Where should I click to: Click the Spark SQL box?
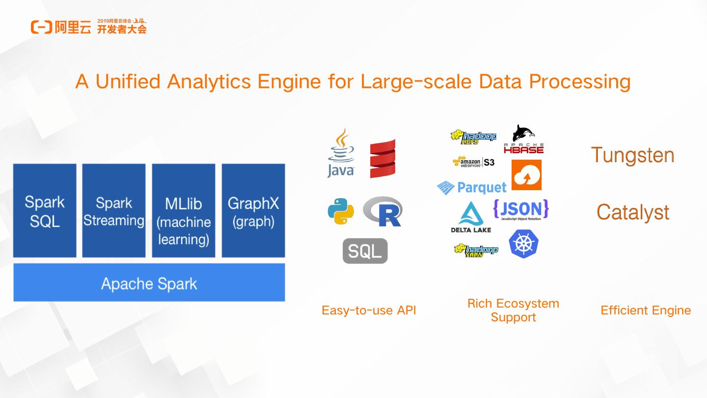pyautogui.click(x=45, y=210)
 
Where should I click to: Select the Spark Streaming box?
pyautogui.click(x=114, y=210)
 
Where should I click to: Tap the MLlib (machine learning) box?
pyautogui.click(x=184, y=210)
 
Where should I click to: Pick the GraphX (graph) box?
pyautogui.click(x=253, y=210)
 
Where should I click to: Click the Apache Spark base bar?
pyautogui.click(x=149, y=283)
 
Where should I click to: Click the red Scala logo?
pyautogui.click(x=382, y=158)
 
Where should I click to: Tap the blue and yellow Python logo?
pyautogui.click(x=341, y=212)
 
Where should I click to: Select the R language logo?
pyautogui.click(x=383, y=212)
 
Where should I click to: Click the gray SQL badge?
pyautogui.click(x=365, y=251)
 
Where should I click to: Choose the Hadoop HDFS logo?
pyautogui.click(x=473, y=137)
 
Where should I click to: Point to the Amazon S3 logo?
pyautogui.click(x=473, y=162)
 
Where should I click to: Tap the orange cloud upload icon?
pyautogui.click(x=527, y=175)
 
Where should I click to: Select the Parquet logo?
pyautogui.click(x=471, y=187)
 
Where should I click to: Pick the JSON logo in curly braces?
pyautogui.click(x=521, y=210)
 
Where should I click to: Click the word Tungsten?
pyautogui.click(x=632, y=155)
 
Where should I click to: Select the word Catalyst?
pyautogui.click(x=633, y=212)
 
